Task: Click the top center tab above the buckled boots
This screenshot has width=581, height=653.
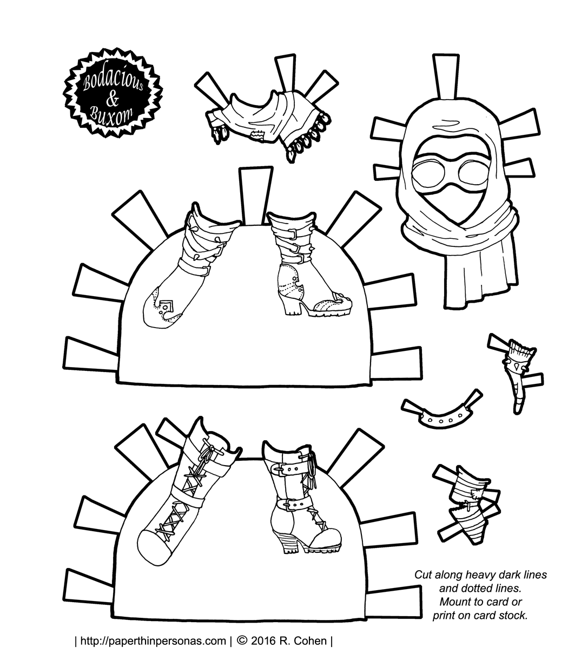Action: coord(256,195)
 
